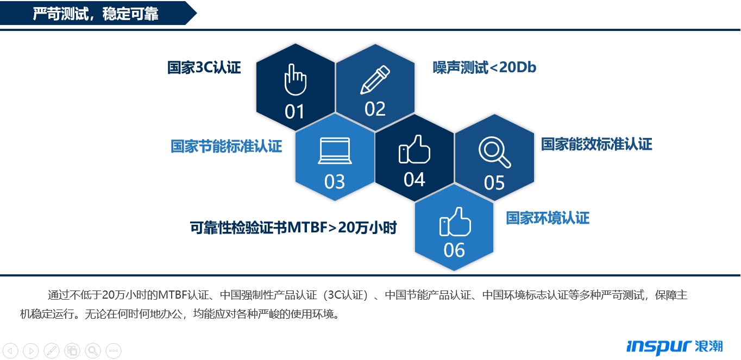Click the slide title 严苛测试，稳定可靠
[x=96, y=14]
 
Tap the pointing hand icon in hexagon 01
[x=295, y=79]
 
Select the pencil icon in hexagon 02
[x=375, y=80]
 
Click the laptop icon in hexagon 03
[x=335, y=150]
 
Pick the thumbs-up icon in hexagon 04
[x=414, y=149]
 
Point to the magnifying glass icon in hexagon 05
[x=494, y=152]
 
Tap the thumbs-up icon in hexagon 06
[x=455, y=222]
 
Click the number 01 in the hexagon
[x=294, y=112]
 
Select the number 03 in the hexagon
[x=335, y=181]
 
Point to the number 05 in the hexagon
[x=494, y=182]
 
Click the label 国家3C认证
[x=204, y=67]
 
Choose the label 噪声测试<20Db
[x=485, y=67]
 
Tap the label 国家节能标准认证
[x=227, y=146]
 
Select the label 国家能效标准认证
[x=597, y=144]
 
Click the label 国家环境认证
[x=548, y=218]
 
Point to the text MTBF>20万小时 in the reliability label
[x=342, y=228]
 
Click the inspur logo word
[x=659, y=347]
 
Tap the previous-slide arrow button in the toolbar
[x=10, y=350]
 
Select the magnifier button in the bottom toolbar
[x=93, y=350]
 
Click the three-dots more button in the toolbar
[x=114, y=350]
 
